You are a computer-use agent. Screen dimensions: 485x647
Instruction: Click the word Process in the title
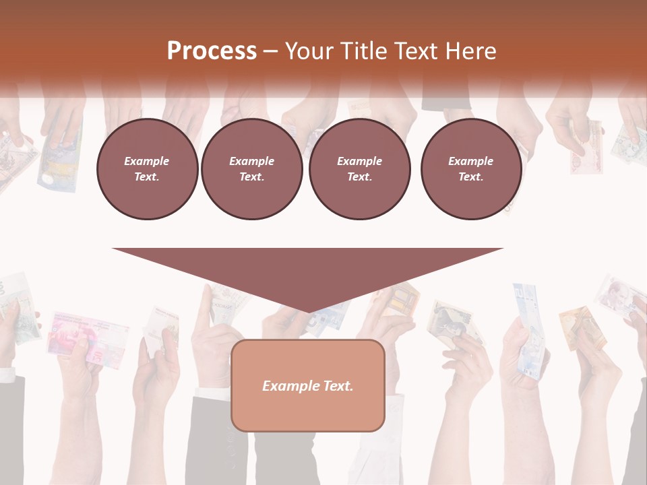212,51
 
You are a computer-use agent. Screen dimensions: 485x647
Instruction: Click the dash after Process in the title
271,51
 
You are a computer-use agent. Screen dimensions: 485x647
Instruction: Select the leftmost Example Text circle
147,169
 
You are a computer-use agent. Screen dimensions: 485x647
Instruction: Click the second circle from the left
251,169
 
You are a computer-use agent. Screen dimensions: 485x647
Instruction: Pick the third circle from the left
359,169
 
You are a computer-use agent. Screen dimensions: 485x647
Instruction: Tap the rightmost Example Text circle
470,169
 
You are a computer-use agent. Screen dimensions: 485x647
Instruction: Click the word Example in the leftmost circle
147,161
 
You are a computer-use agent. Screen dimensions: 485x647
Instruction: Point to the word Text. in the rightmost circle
470,177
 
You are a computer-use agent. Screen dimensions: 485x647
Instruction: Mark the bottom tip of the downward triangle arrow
307,312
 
